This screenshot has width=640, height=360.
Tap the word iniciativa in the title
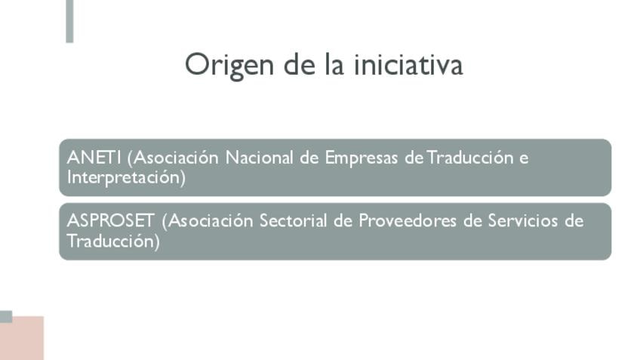click(x=408, y=64)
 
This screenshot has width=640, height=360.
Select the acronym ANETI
click(x=94, y=158)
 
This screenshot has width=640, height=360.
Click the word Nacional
click(x=259, y=158)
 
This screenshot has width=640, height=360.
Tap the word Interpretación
click(x=126, y=178)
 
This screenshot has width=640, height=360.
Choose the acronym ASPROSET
click(x=111, y=221)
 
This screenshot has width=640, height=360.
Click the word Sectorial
click(x=293, y=221)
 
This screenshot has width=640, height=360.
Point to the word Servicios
click(x=522, y=221)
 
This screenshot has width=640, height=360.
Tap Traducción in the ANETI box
click(x=470, y=158)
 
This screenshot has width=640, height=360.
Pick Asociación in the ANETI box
click(x=173, y=158)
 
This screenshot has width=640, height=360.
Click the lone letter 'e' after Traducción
click(x=524, y=159)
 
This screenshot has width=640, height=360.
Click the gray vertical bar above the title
click(x=69, y=21)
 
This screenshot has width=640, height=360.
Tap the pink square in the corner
click(x=23, y=339)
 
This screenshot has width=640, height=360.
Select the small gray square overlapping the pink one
click(x=6, y=317)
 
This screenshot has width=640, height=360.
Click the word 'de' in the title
click(x=300, y=64)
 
